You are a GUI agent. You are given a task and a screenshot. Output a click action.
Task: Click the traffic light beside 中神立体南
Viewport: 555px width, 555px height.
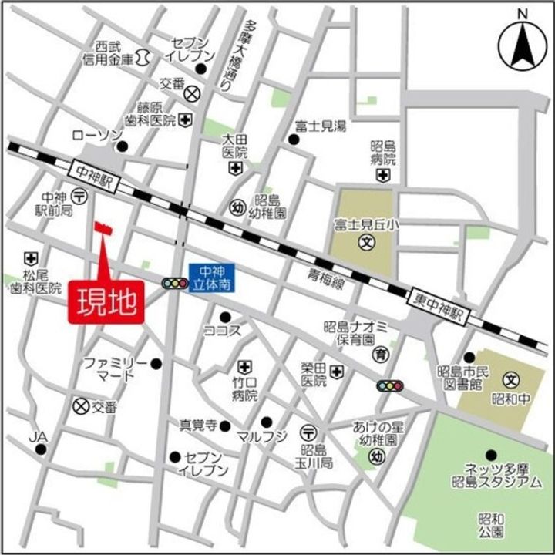(174, 284)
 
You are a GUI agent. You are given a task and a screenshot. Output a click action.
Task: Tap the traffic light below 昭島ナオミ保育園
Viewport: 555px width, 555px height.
(389, 385)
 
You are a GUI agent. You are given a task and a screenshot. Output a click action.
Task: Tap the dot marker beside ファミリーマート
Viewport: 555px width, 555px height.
(156, 363)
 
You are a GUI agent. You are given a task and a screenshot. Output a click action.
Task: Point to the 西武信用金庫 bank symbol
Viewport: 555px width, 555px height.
(143, 56)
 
